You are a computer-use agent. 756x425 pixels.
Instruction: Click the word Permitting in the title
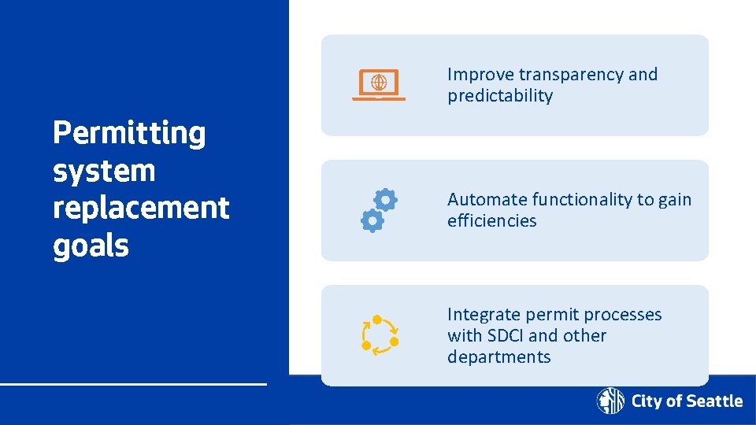pos(129,134)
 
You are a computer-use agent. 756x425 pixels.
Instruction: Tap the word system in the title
pos(104,172)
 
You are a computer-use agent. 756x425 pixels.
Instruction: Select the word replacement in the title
pos(141,209)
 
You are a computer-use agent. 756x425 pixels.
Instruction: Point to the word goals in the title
pos(91,246)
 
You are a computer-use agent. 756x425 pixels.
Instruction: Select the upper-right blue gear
pos(385,200)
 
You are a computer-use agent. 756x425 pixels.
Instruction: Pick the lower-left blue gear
pos(371,222)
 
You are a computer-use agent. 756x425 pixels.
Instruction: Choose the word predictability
pos(500,96)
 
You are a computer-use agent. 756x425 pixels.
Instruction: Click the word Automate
pos(487,200)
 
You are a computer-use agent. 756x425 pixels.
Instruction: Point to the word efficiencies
pos(491,221)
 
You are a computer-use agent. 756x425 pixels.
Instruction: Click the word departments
pos(498,357)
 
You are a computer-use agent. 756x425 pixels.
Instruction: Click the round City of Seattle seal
pos(610,401)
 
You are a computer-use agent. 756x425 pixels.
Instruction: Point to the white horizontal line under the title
pos(133,384)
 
